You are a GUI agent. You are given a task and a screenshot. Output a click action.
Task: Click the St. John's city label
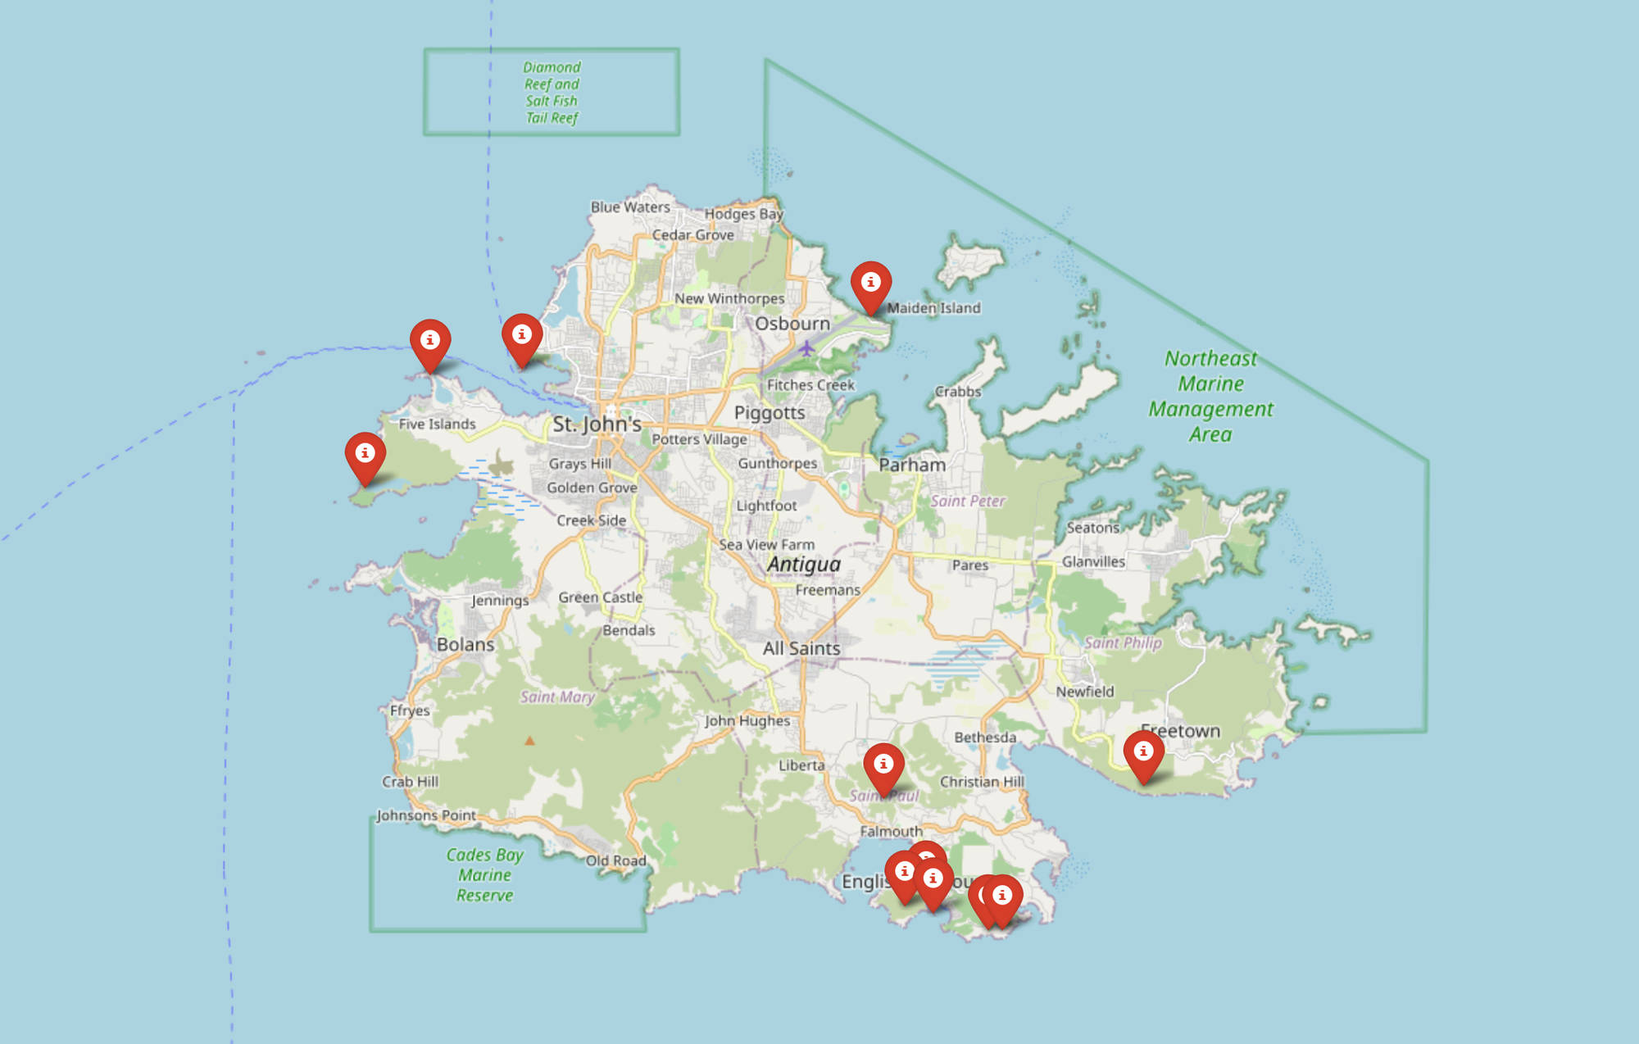[x=597, y=424]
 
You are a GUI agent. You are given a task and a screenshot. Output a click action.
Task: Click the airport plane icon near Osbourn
[x=807, y=348]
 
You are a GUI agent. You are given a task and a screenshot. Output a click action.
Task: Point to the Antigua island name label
[x=804, y=564]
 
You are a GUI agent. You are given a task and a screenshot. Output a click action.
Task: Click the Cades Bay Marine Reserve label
[x=484, y=874]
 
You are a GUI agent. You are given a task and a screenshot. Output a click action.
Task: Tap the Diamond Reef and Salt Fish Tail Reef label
[x=552, y=92]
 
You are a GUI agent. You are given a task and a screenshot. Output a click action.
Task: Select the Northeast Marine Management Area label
[x=1210, y=396]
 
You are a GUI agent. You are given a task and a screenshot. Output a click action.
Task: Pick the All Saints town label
[x=801, y=648]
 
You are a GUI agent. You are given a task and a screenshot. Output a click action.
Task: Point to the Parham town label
[x=912, y=465]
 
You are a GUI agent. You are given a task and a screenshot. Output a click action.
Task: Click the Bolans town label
[x=465, y=644]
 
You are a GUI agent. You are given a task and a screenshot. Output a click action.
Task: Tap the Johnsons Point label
[x=426, y=815]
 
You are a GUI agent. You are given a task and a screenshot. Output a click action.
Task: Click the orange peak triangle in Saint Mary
[x=529, y=741]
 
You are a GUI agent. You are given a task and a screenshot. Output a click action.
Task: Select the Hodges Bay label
[x=744, y=214]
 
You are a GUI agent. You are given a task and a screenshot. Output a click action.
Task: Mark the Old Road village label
[x=615, y=860]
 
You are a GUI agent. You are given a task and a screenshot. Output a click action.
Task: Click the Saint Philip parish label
[x=1123, y=642]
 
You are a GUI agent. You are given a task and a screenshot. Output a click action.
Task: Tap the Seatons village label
[x=1092, y=528]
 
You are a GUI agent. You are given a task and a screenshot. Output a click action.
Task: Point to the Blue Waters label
[x=630, y=207]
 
